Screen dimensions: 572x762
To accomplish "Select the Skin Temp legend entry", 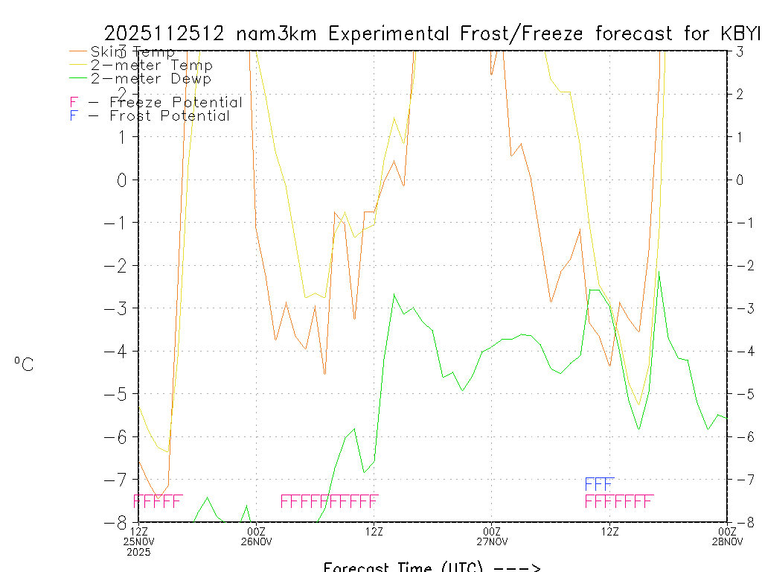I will (x=132, y=52).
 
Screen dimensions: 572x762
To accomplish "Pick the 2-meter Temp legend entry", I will (x=151, y=66).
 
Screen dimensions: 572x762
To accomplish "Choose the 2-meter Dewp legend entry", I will (x=150, y=78).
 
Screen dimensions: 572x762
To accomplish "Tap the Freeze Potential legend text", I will (x=176, y=102).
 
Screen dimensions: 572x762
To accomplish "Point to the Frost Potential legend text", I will (x=170, y=115).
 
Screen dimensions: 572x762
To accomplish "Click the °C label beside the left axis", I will (x=24, y=364).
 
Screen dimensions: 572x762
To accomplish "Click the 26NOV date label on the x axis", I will (x=256, y=541).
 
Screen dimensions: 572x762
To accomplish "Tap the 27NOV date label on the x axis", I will (x=491, y=541).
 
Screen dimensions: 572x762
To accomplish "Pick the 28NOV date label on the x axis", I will (x=727, y=541).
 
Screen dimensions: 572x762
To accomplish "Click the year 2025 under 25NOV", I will (x=138, y=552).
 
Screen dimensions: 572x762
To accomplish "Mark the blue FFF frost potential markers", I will (x=599, y=484).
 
